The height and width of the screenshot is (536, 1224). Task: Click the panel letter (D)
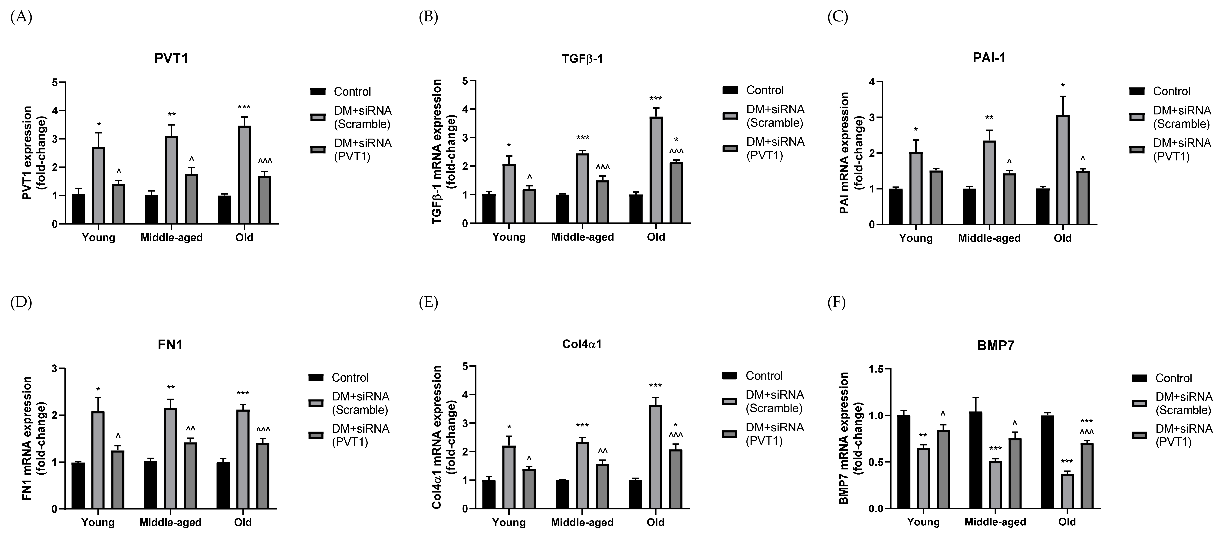[x=21, y=303]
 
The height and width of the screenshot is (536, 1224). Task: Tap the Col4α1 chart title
[x=582, y=344]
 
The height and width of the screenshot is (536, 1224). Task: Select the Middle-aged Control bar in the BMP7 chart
[x=976, y=460]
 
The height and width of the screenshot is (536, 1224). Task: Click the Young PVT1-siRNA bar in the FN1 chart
[x=118, y=480]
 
